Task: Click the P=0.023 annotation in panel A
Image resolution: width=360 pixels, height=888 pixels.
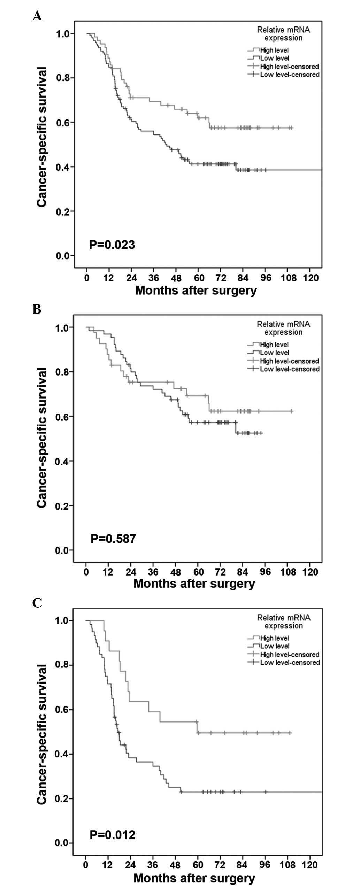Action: (112, 245)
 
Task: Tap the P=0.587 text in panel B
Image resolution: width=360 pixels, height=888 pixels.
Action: (113, 539)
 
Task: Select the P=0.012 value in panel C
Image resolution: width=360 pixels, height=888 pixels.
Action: (112, 835)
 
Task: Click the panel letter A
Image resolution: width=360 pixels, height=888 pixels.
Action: (37, 16)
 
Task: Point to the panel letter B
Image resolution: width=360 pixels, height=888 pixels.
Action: (37, 309)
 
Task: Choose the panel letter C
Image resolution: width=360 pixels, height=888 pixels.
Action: (37, 603)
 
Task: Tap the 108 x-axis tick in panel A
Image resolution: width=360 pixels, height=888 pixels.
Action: (289, 278)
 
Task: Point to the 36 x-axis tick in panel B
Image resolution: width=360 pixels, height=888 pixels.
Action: (153, 572)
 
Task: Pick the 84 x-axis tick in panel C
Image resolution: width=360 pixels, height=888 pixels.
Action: (242, 865)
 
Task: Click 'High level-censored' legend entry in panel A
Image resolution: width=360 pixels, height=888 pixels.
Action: (289, 67)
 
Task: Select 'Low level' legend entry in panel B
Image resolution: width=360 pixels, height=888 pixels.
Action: (275, 353)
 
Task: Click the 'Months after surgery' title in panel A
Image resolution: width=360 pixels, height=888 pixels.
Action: (196, 291)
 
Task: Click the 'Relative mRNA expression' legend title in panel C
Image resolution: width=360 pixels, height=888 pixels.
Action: (283, 621)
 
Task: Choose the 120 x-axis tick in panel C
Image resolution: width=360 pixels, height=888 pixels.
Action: (310, 865)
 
